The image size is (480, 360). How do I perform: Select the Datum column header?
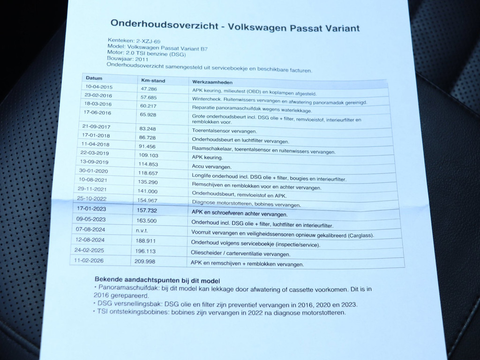[x=94, y=78]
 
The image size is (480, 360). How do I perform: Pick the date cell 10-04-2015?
[x=99, y=87]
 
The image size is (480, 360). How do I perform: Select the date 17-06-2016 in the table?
[x=97, y=112]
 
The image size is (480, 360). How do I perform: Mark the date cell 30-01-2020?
[x=94, y=171]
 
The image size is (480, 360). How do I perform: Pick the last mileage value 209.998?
[x=145, y=261]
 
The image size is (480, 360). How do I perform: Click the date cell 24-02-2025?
[x=89, y=250]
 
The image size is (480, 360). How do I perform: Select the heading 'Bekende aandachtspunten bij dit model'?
[x=156, y=280]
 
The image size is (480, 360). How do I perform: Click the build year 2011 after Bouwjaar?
[x=142, y=60]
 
